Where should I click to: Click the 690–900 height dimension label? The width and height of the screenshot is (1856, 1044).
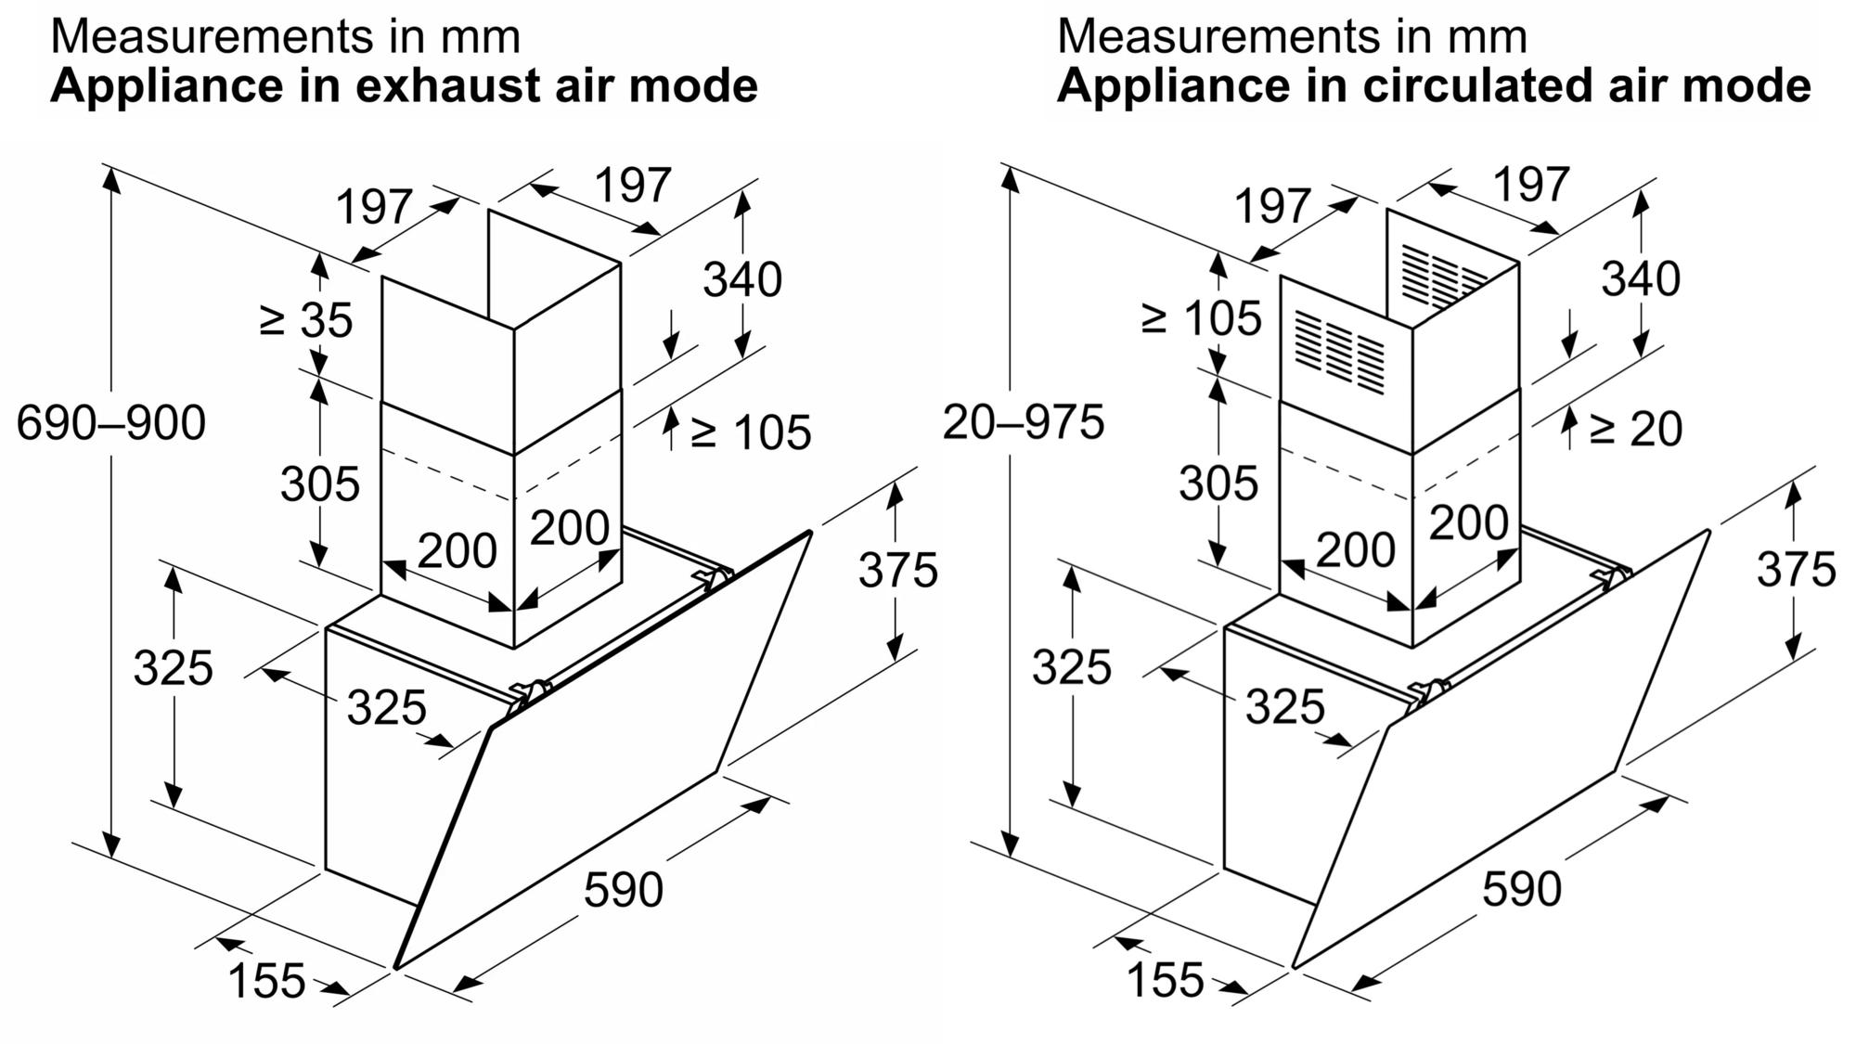[111, 423]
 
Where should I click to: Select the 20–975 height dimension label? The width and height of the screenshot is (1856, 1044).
[1024, 422]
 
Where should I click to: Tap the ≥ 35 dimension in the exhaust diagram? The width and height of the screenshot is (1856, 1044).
[306, 320]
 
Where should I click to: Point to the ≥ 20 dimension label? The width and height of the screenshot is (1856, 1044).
[1635, 429]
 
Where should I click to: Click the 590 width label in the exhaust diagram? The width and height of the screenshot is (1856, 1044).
[624, 889]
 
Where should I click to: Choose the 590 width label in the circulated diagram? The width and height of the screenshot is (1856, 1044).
[1522, 888]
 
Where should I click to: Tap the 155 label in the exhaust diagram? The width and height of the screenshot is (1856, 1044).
[266, 981]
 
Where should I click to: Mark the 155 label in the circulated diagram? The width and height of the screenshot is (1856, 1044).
[1166, 980]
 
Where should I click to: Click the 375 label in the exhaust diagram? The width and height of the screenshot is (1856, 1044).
[897, 570]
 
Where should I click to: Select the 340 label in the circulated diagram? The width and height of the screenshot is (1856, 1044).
[1641, 279]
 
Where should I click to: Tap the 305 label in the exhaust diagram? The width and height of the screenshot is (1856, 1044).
[320, 484]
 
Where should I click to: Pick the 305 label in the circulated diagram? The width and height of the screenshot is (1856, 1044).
[1218, 483]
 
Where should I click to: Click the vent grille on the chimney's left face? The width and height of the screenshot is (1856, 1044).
[1339, 353]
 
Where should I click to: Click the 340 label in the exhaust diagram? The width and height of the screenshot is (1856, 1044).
[742, 279]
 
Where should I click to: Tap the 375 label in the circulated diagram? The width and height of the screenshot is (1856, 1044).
[1796, 569]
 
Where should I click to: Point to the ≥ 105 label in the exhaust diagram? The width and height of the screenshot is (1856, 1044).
[751, 432]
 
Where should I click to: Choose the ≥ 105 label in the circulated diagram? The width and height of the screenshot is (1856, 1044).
[1202, 319]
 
